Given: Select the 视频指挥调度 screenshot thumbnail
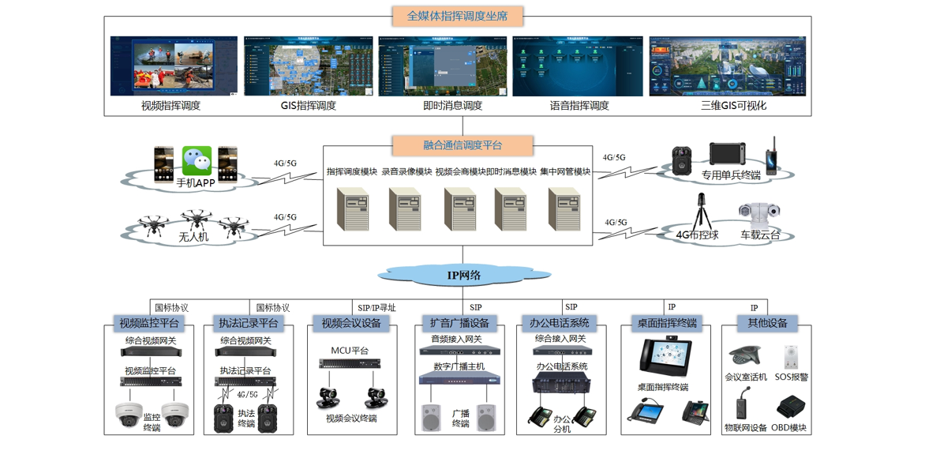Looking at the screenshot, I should pos(174,66).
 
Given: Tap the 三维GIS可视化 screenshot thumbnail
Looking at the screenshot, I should pos(727,66).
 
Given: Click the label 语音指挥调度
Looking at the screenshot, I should pos(579,105).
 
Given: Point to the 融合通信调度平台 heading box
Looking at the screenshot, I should pos(463,145).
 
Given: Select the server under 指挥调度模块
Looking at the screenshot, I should pos(352,208).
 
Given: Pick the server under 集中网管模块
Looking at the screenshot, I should pos(564,208).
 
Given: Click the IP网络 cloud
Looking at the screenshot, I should pos(464,275).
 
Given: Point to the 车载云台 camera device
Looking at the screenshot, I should pos(758,214).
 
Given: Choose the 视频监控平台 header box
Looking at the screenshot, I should pos(149,323).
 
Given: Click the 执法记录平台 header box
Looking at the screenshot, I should pos(248,323).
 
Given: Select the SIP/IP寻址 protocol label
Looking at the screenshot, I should pos(376,308).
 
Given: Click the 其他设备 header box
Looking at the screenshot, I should pos(767,322).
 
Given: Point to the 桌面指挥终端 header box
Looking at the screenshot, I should pos(668,323).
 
